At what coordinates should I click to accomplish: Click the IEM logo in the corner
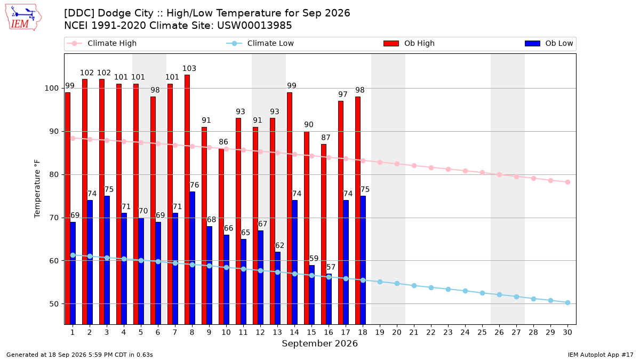[23, 18]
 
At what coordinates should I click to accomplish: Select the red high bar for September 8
[187, 199]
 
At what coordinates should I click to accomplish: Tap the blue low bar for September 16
[329, 299]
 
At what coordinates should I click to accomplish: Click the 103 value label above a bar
[189, 69]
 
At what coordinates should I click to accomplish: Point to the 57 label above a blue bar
[331, 267]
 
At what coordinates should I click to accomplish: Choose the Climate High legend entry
[101, 43]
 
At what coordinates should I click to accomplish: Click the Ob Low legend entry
[549, 43]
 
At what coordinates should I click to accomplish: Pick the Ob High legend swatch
[391, 43]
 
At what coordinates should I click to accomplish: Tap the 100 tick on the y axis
[51, 89]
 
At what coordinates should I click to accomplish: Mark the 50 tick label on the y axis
[54, 304]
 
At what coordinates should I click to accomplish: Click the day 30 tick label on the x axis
[567, 332]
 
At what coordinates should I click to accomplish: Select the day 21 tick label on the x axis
[414, 332]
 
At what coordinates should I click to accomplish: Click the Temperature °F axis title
[37, 189]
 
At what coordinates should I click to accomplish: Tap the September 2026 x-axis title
[319, 343]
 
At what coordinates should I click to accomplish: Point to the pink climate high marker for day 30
[567, 182]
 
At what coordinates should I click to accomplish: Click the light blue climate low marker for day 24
[465, 291]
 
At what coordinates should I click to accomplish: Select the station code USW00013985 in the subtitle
[254, 26]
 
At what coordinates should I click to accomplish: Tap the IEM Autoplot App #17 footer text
[601, 355]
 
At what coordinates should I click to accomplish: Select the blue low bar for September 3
[107, 260]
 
